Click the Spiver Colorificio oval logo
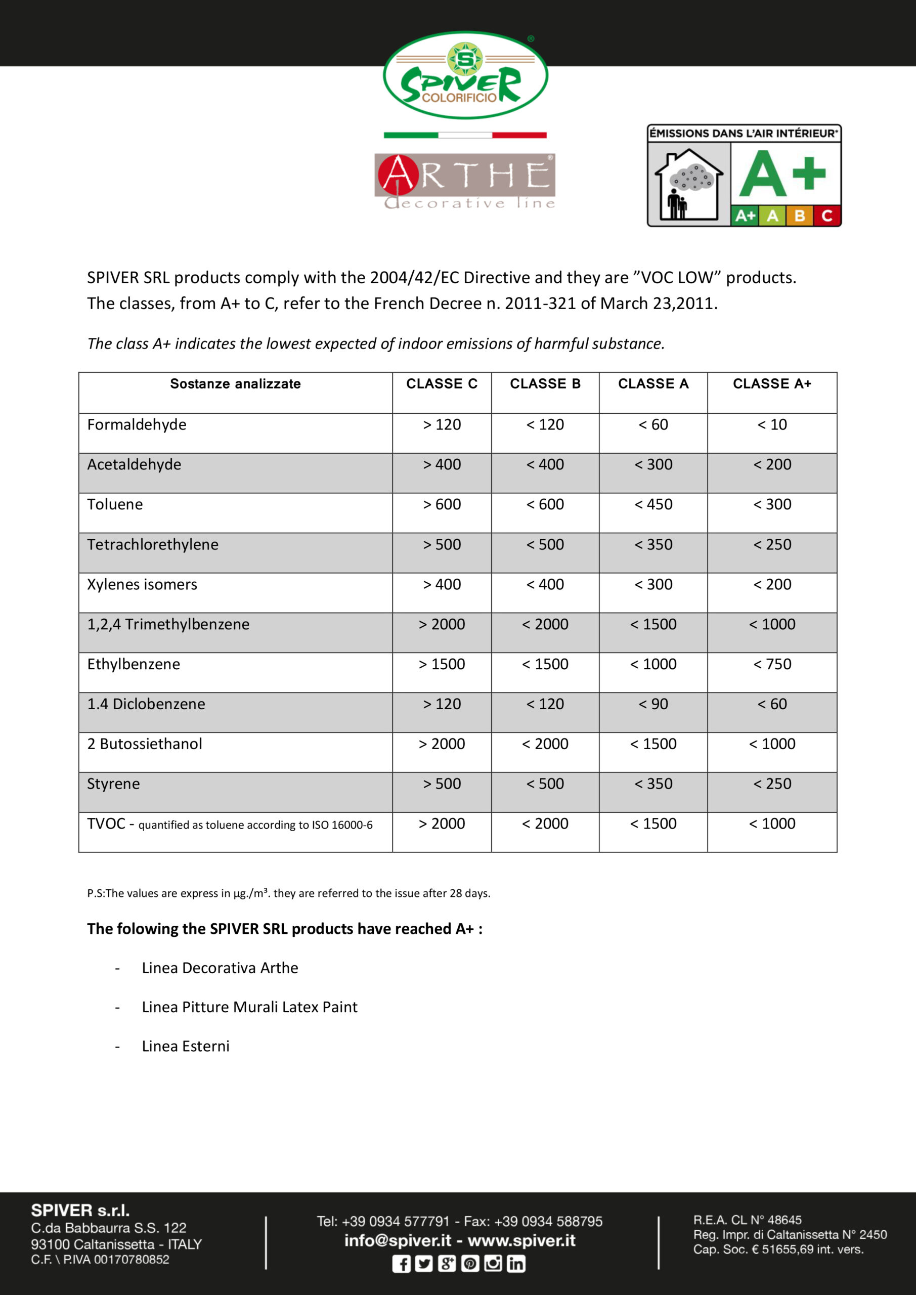click(465, 75)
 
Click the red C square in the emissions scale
click(827, 215)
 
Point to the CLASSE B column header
click(545, 383)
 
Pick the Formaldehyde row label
click(137, 425)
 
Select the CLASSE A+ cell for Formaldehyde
click(772, 425)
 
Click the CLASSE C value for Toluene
click(442, 504)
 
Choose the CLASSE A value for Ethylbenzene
click(652, 664)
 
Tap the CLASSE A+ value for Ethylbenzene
click(772, 664)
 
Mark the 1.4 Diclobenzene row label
click(146, 704)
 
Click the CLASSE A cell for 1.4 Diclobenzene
click(652, 704)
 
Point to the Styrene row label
click(113, 784)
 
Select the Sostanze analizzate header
click(235, 383)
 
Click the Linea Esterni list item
click(186, 1046)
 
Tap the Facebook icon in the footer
click(401, 1264)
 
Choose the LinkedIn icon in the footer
click(515, 1264)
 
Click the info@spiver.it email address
click(398, 1241)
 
